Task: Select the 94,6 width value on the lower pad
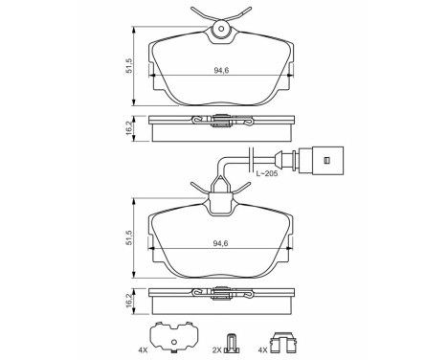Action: pos(221,244)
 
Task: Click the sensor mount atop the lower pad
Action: pos(221,202)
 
